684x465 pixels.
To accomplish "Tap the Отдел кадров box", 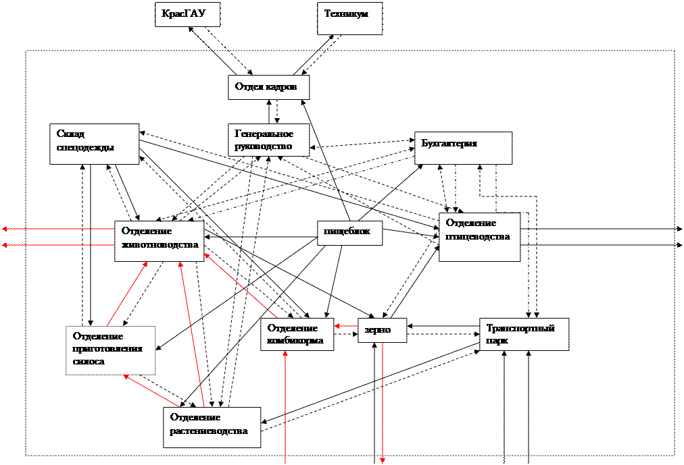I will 269,87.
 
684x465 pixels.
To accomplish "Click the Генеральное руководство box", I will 269,140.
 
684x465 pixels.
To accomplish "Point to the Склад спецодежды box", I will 94,144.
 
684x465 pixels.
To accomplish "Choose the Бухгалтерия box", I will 463,148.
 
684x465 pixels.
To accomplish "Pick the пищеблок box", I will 350,233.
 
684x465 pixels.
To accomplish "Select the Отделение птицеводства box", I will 479,237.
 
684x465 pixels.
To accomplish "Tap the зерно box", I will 383,329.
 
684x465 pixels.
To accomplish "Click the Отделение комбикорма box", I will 298,335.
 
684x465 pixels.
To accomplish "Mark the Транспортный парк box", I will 524,334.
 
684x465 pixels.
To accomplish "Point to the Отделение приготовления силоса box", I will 111,350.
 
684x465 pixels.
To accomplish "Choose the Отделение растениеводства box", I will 212,427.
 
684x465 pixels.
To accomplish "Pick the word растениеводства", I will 209,431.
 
